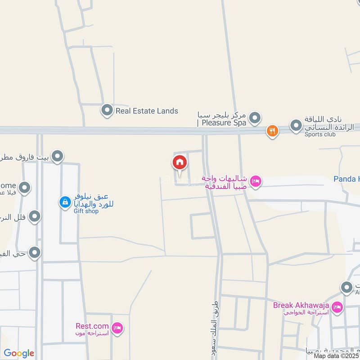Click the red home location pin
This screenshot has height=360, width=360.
[x=179, y=162]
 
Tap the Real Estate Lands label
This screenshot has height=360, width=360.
[x=147, y=111]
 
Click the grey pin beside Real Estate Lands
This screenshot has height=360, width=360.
[x=107, y=110]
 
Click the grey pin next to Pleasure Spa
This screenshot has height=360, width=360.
[x=255, y=118]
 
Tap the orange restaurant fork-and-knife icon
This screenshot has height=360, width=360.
[x=272, y=131]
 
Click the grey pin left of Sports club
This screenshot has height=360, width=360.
[x=296, y=126]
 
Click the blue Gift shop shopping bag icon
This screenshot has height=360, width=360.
[x=65, y=202]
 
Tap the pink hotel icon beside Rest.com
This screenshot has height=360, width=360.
[x=117, y=328]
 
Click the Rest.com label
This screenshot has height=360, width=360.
[x=92, y=326]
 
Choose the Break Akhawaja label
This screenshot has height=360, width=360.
[x=301, y=306]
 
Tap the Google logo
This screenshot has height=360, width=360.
[x=19, y=353]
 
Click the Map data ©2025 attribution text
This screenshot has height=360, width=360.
[x=337, y=356]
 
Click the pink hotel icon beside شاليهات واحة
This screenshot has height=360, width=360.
[x=256, y=181]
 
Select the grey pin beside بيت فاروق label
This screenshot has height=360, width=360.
[x=58, y=156]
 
